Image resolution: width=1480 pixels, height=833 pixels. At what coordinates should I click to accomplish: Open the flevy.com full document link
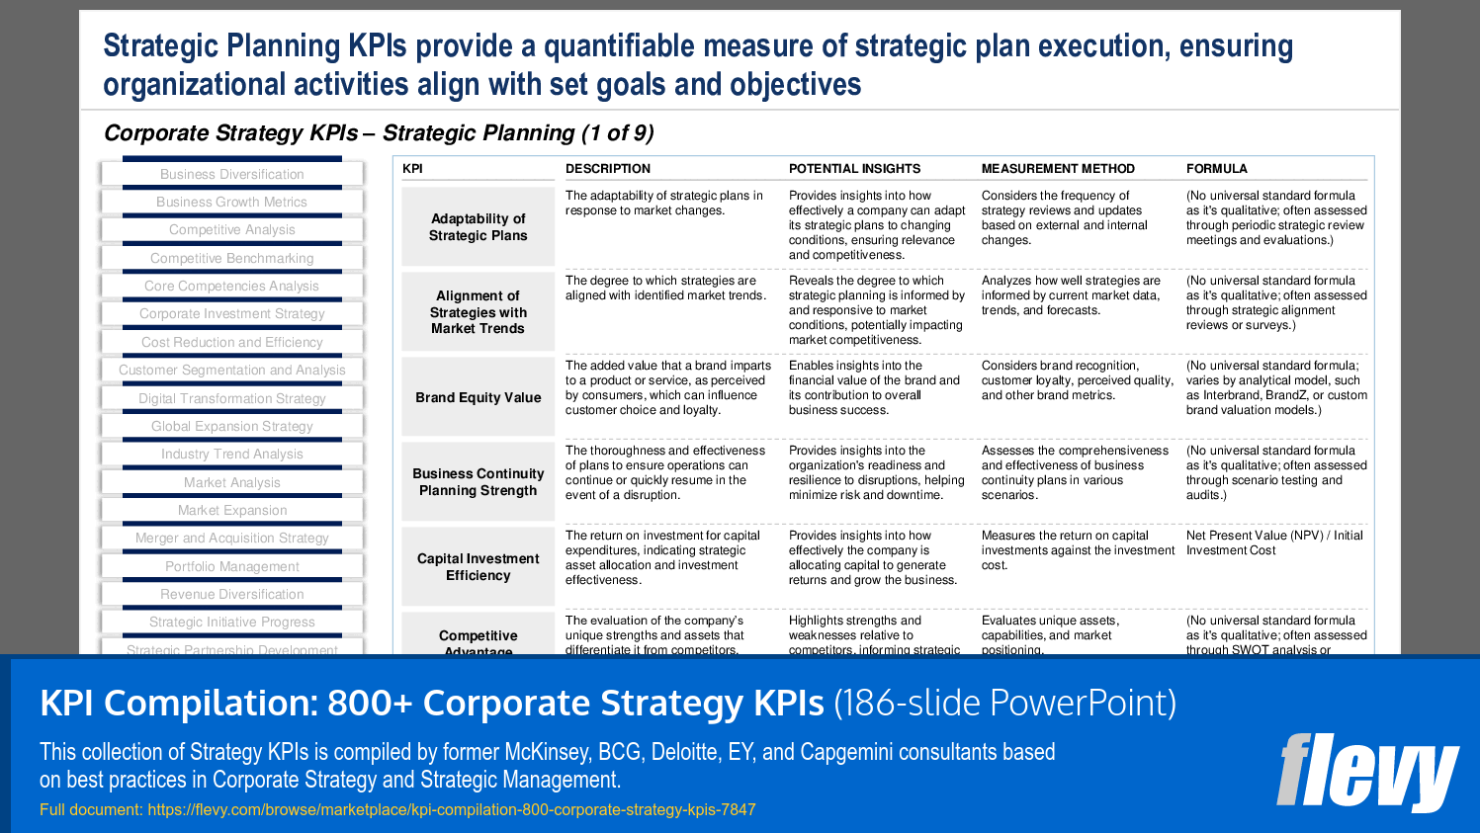(x=451, y=809)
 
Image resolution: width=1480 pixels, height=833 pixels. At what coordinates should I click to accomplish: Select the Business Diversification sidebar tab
(x=232, y=174)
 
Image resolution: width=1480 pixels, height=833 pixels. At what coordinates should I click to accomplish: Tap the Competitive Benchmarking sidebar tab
(x=232, y=258)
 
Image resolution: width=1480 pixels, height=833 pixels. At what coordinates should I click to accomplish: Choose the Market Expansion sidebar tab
(x=232, y=510)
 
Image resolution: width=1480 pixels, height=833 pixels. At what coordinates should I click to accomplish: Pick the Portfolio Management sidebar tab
(x=232, y=566)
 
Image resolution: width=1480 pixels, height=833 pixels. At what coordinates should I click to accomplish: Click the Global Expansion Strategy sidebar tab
(x=232, y=426)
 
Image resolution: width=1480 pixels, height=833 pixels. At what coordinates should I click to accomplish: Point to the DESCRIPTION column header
(x=608, y=169)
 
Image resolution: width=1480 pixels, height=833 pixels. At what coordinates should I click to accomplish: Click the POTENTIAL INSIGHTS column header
(x=854, y=169)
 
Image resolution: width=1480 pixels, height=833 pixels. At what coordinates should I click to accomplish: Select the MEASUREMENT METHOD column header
(x=1058, y=169)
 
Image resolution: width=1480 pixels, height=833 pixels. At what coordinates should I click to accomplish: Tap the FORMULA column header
(x=1216, y=169)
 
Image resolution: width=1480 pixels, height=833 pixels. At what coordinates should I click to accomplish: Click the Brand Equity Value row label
(x=478, y=397)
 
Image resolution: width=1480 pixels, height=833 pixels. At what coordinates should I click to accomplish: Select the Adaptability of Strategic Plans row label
(x=478, y=227)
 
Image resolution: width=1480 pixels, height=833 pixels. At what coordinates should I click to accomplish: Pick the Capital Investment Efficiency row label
(x=478, y=567)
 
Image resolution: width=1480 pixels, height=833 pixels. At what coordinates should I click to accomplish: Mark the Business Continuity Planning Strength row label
(x=478, y=482)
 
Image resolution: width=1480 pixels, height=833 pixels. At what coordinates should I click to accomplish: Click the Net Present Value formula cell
(x=1273, y=542)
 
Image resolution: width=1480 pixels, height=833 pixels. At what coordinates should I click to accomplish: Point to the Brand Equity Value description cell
(x=667, y=387)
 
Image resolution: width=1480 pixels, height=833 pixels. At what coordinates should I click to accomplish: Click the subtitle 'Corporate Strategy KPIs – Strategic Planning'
(x=379, y=133)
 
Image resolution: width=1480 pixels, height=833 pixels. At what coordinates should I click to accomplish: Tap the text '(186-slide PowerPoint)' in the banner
(x=1004, y=703)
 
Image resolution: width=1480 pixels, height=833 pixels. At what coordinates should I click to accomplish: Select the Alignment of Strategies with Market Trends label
(x=478, y=312)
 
